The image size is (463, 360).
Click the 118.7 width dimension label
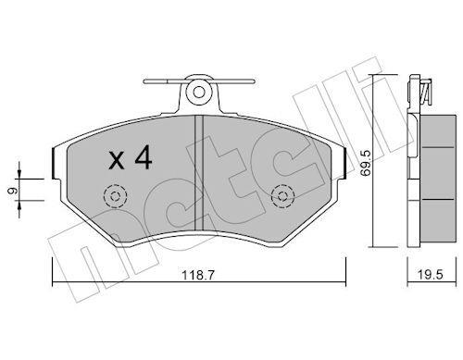(197, 275)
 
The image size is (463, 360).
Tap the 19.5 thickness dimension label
(431, 274)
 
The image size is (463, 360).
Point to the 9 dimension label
(12, 192)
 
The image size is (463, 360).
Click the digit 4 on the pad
(144, 157)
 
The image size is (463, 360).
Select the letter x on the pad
(117, 161)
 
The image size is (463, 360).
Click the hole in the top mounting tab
(199, 92)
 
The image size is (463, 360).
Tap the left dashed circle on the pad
(116, 196)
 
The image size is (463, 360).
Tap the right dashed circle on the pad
(282, 196)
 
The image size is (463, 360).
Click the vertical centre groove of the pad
(199, 172)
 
